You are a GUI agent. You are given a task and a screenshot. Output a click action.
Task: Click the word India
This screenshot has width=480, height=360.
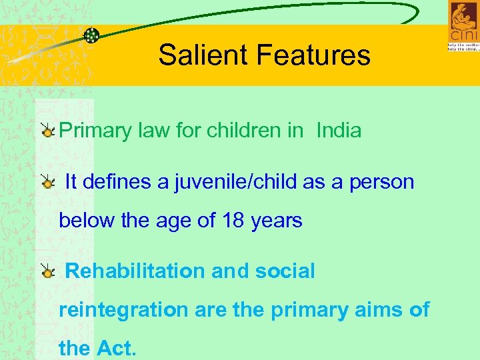(339, 130)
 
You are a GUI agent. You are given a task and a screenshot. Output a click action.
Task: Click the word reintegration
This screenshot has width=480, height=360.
(124, 310)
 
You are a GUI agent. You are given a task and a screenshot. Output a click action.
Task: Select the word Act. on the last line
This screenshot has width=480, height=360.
(117, 348)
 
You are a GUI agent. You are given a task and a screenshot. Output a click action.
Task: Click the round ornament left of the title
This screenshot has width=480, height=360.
(91, 35)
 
